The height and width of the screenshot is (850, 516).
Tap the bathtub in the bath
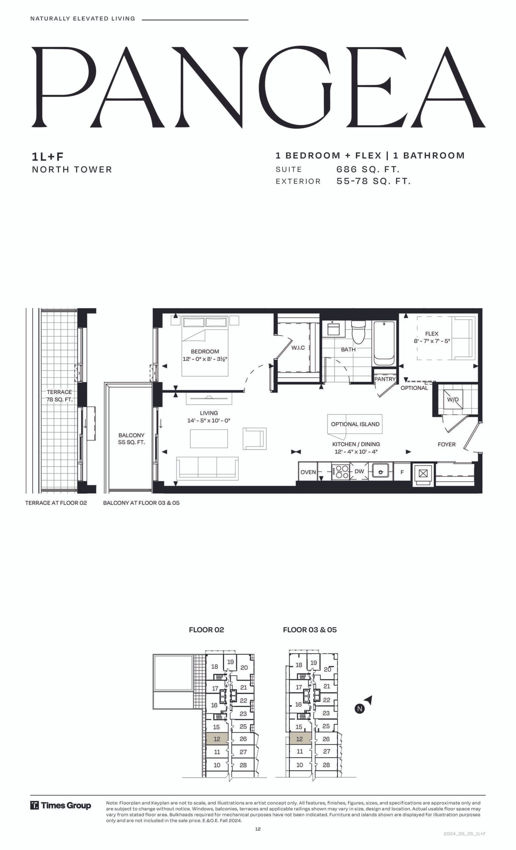click(384, 343)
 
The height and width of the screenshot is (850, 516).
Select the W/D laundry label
click(453, 399)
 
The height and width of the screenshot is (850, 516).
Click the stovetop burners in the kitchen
click(340, 472)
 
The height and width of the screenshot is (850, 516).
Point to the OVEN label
click(308, 472)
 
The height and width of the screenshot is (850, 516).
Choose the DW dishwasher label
click(359, 471)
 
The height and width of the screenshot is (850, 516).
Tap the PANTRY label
click(385, 379)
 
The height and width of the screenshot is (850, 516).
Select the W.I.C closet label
click(298, 348)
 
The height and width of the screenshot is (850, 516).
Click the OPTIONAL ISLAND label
click(355, 424)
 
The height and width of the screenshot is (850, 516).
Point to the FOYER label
click(447, 444)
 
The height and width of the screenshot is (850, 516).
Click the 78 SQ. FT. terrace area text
click(60, 399)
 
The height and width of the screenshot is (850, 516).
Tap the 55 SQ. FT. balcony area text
click(131, 442)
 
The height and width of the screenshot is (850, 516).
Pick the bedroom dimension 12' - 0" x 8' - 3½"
click(205, 359)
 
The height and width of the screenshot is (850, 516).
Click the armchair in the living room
click(255, 439)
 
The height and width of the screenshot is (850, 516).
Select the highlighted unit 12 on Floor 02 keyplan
click(217, 739)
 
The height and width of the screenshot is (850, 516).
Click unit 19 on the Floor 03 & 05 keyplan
click(313, 662)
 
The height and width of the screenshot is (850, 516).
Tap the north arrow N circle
click(360, 709)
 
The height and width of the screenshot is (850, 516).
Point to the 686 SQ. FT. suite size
click(368, 169)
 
